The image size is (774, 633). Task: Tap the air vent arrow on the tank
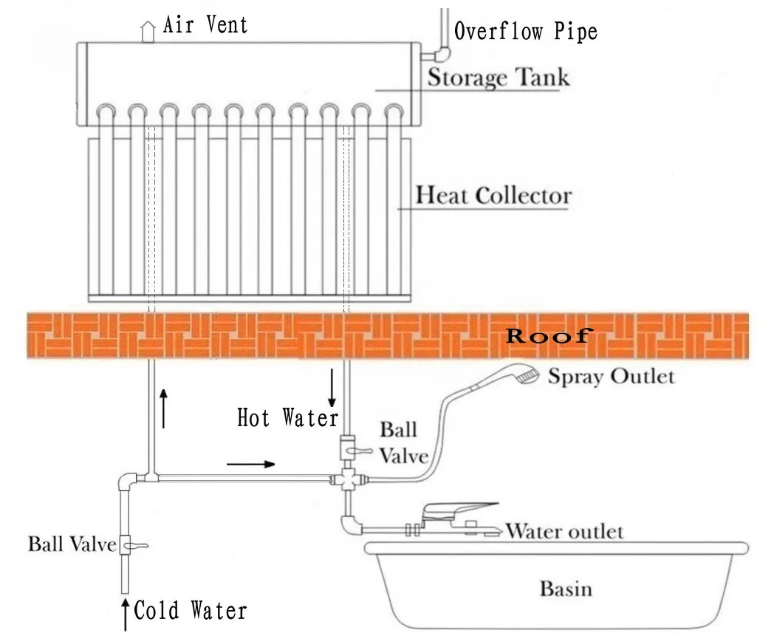click(148, 31)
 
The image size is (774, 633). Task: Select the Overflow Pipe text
click(525, 31)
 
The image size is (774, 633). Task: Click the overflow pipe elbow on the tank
click(442, 54)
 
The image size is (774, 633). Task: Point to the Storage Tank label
click(499, 77)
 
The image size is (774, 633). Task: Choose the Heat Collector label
click(493, 196)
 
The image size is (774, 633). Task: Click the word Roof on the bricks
click(547, 337)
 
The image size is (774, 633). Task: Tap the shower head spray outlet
click(524, 375)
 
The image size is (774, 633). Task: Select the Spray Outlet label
click(611, 377)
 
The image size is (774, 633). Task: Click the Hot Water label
click(287, 419)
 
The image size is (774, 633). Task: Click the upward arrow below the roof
click(163, 411)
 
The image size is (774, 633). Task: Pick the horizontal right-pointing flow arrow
click(251, 465)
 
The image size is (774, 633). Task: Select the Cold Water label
click(190, 611)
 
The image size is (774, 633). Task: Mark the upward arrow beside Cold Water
click(126, 611)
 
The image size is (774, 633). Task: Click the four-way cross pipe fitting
click(347, 479)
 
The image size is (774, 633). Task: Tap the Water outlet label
click(564, 531)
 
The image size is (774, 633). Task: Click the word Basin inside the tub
click(566, 589)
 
